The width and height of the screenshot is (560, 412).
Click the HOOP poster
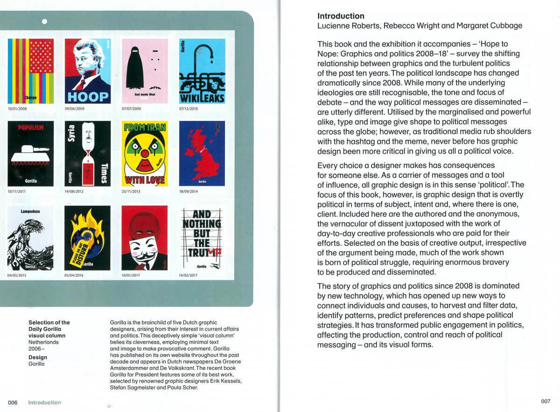coord(87,71)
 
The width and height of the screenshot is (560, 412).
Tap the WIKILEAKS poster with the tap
coord(202,71)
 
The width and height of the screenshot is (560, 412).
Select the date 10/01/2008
coord(18,108)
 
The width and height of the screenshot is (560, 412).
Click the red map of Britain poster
coord(202,153)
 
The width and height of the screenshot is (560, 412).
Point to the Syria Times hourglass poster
coord(87,153)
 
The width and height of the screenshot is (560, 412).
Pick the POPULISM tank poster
coord(30,153)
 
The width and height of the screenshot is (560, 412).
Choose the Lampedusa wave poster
coord(30,238)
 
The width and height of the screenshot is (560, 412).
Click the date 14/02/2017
coord(189,276)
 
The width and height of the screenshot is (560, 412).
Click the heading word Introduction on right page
coord(341,16)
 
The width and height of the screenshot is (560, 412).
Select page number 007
coord(546,401)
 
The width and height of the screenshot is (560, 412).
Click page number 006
coord(13,403)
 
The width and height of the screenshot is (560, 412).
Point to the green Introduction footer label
coord(44,403)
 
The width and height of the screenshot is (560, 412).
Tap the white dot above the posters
coord(44,21)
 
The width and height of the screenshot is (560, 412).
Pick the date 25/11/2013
coord(132,192)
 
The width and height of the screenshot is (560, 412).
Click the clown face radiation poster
coord(144,153)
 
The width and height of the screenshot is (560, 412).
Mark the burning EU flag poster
coord(87,238)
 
